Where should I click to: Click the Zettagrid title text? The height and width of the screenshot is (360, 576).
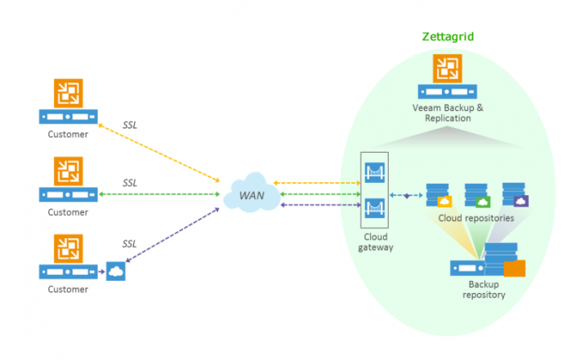[x=447, y=37]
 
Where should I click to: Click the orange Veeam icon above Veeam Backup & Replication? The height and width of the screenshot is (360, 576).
[x=446, y=69]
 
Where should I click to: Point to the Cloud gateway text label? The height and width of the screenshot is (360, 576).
[x=375, y=241]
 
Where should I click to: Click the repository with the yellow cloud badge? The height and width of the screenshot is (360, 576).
[x=439, y=195]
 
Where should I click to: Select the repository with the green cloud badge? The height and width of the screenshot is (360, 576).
[x=477, y=195]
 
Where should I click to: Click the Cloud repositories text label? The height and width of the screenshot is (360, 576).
[x=476, y=219]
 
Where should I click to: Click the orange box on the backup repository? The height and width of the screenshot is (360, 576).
[x=514, y=269]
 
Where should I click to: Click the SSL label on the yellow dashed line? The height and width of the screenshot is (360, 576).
[x=131, y=123]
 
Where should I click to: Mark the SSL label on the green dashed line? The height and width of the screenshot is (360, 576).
[x=131, y=182]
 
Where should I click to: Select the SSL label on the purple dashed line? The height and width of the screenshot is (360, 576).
[x=131, y=243]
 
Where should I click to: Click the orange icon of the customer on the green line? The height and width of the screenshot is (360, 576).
[x=68, y=171]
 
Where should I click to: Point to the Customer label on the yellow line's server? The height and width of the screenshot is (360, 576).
[x=68, y=135]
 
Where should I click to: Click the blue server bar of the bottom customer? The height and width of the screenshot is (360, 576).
[x=68, y=271]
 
